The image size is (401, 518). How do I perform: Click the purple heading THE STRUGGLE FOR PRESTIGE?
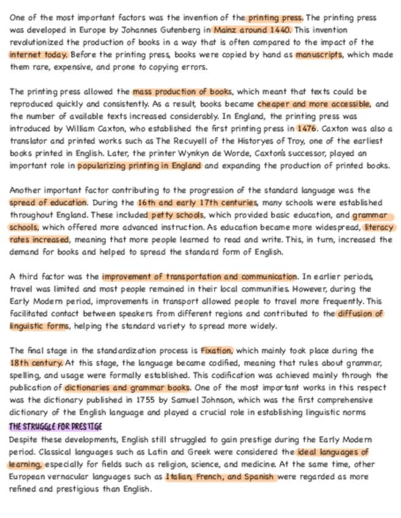coord(56,426)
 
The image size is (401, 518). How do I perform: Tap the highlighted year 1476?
coord(307,129)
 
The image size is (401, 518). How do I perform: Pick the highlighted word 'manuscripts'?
coord(318,54)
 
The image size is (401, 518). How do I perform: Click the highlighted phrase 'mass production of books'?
coord(182,92)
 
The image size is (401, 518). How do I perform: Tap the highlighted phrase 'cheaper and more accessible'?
coord(314,104)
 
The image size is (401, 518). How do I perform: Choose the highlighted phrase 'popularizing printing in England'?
coord(139,166)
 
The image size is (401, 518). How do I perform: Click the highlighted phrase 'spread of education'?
coord(48,203)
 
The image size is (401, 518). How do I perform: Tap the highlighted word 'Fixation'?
coord(216,351)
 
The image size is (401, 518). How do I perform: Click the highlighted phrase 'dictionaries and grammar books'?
coord(127,388)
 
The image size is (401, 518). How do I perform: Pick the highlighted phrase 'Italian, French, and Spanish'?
coord(221,477)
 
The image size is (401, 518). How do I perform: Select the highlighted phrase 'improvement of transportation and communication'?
coord(199,277)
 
